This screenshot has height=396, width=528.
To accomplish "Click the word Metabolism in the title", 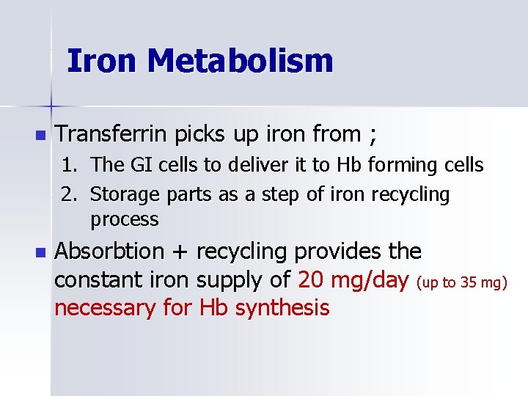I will pyautogui.click(x=240, y=61).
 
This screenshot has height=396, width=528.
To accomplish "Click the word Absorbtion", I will pyautogui.click(x=110, y=252).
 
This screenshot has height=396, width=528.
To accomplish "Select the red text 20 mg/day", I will pyautogui.click(x=353, y=280).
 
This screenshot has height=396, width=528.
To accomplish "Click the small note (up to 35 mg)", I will pyautogui.click(x=463, y=282).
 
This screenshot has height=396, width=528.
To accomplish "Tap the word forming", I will pyautogui.click(x=400, y=166).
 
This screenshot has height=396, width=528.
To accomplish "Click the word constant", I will pyautogui.click(x=100, y=280).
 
